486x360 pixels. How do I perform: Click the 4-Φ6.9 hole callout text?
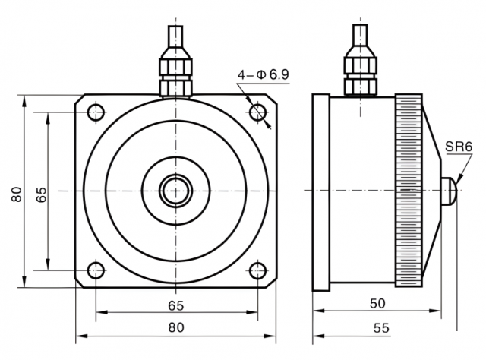pyautogui.click(x=264, y=74)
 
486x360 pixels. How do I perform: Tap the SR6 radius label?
pyautogui.click(x=459, y=147)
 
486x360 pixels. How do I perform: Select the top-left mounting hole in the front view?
pyautogui.click(x=96, y=112)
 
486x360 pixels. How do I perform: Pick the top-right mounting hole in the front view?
pyautogui.click(x=258, y=112)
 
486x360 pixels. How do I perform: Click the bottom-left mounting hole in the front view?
pyautogui.click(x=96, y=270)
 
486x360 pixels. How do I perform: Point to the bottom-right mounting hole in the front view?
pyautogui.click(x=258, y=270)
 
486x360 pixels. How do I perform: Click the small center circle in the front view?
pyautogui.click(x=175, y=191)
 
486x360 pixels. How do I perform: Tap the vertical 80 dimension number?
pyautogui.click(x=17, y=194)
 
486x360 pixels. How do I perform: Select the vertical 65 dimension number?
pyautogui.click(x=41, y=194)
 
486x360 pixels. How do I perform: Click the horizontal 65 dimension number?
pyautogui.click(x=176, y=306)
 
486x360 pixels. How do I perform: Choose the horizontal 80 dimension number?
pyautogui.click(x=176, y=327)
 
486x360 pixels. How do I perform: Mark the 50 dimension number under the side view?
pyautogui.click(x=377, y=304)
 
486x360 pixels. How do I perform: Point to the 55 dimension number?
pyautogui.click(x=381, y=328)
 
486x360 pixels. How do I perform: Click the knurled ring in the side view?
pyautogui.click(x=409, y=190)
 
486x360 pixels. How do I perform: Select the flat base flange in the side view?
pyautogui.click(x=320, y=193)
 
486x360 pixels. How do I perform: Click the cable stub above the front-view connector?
pyautogui.click(x=175, y=36)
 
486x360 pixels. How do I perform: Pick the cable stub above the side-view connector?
pyautogui.click(x=360, y=36)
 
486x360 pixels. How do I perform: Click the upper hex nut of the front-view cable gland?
pyautogui.click(x=175, y=65)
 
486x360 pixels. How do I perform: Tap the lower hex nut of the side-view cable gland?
pyautogui.click(x=361, y=87)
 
